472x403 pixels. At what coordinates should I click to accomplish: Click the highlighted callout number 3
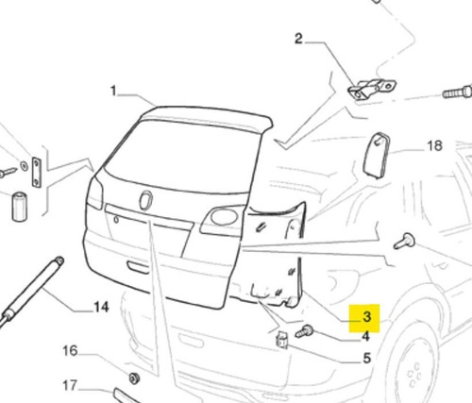366,317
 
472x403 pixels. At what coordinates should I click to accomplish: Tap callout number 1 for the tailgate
113,92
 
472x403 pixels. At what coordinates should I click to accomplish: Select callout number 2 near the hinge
298,39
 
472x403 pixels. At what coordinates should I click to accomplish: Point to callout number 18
434,146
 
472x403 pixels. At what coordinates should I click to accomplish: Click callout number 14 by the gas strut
101,307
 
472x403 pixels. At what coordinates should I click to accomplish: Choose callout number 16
70,350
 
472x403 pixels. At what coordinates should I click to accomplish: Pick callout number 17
70,385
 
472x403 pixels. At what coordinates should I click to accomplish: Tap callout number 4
365,337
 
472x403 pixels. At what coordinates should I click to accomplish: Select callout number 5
367,359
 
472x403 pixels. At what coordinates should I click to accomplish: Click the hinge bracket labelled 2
371,89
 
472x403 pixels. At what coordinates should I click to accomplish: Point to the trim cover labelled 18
377,156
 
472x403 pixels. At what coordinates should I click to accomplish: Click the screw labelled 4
305,331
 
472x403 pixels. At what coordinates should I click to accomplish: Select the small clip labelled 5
282,340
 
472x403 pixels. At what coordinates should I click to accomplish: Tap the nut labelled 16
135,378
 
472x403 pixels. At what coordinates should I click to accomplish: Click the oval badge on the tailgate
146,200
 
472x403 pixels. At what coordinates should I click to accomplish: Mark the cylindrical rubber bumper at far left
20,206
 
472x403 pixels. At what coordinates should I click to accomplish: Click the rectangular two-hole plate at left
37,172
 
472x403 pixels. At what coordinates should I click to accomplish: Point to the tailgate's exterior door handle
138,267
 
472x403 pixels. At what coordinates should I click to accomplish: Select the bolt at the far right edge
458,92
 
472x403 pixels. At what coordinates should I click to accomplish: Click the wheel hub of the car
414,374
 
